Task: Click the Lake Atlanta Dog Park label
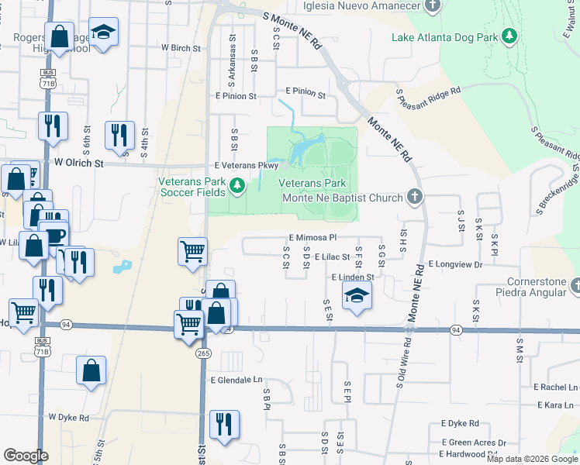click(x=445, y=36)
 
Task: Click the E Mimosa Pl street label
click(x=312, y=238)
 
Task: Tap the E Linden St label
click(x=353, y=277)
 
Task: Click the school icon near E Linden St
click(x=357, y=295)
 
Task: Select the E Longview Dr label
click(x=454, y=264)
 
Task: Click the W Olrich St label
click(x=79, y=164)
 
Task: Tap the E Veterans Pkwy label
click(x=246, y=166)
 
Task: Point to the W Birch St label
click(x=181, y=47)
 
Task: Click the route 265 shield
click(x=203, y=353)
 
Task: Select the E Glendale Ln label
click(x=236, y=380)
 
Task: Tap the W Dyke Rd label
click(x=68, y=417)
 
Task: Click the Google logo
click(x=26, y=456)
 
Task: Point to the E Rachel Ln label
click(x=554, y=387)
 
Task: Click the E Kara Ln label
click(x=558, y=405)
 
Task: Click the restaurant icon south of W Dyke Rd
click(x=224, y=424)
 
